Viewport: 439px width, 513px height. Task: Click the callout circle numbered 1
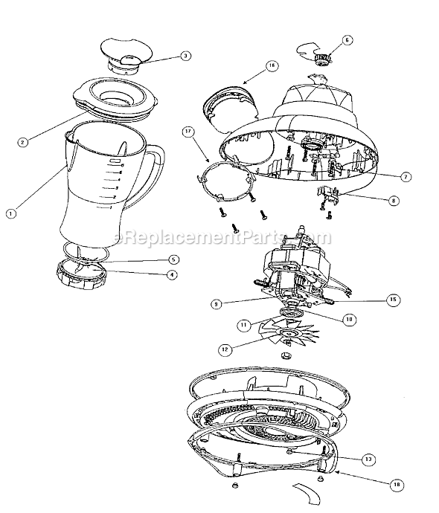(x=10, y=213)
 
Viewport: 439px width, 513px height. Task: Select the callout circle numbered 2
(x=23, y=142)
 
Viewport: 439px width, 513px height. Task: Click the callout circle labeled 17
(x=188, y=132)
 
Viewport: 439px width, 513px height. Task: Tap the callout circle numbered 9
(x=214, y=303)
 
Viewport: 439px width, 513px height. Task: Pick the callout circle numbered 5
(x=173, y=260)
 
